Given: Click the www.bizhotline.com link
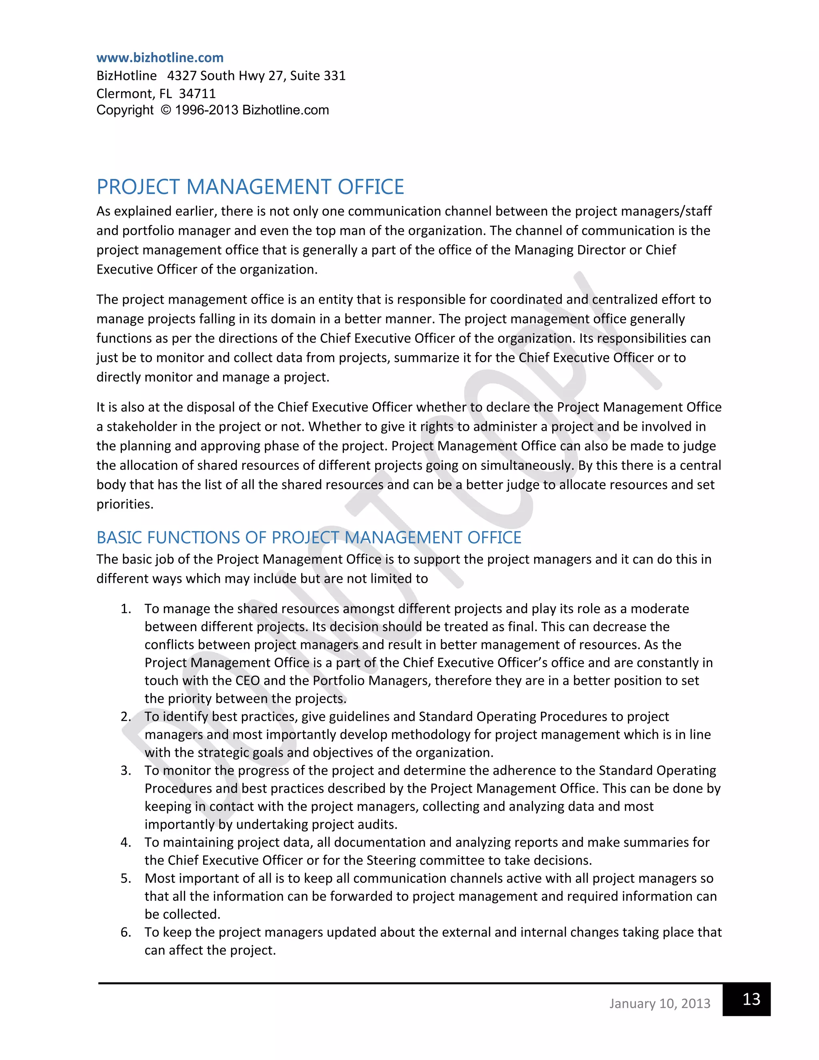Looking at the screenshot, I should point(160,58).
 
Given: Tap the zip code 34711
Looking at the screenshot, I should point(197,93).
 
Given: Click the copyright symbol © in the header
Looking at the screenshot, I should point(166,110).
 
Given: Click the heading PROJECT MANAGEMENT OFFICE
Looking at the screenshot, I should point(250,187).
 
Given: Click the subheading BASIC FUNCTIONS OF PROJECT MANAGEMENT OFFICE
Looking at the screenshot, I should point(309,537).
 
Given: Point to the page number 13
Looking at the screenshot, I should point(751,999).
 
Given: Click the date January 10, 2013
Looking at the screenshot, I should point(659,1003).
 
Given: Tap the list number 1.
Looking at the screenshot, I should point(126,609).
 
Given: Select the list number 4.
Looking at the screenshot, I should point(126,842).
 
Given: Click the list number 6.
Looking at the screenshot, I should point(126,932).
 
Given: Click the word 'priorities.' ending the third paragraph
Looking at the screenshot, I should point(125,504).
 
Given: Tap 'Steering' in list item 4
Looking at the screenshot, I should point(391,860).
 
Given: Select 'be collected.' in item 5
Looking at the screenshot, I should point(182,914).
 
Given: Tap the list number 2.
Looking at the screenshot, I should point(126,716).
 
